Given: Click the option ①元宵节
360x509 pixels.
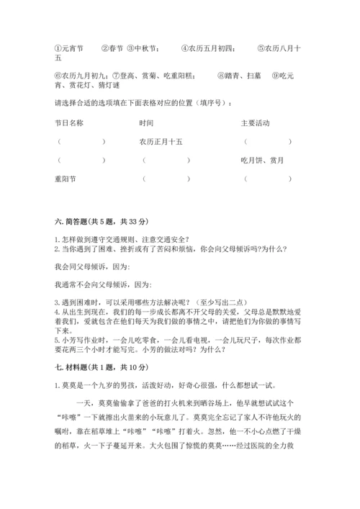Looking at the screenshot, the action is [x=69, y=49].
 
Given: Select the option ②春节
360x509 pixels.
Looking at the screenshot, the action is [x=112, y=49].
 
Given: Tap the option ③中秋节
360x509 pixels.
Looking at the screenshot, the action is [x=144, y=49].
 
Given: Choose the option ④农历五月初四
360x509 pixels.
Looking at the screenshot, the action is [x=208, y=49].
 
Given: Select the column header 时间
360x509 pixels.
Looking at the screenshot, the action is [x=147, y=123].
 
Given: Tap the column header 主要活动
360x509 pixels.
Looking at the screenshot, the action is [x=255, y=123].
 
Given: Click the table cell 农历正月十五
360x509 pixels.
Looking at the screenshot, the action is [x=161, y=142].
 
